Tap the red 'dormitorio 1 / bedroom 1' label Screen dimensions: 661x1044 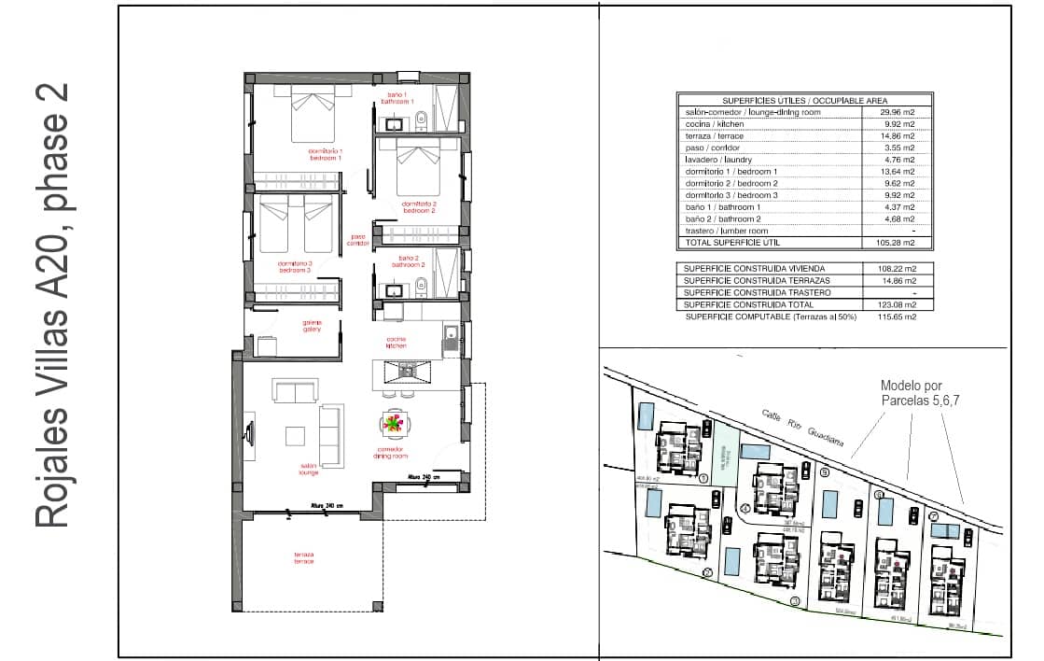(x=327, y=154)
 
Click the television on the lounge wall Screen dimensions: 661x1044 (x=249, y=432)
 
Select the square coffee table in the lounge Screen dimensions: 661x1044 (x=296, y=436)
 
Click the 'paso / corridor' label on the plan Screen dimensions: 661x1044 (x=358, y=240)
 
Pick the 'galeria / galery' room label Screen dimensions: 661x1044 (x=312, y=326)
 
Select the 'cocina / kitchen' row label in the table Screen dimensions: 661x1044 (x=715, y=124)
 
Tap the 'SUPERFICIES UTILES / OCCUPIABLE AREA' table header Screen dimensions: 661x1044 (x=804, y=100)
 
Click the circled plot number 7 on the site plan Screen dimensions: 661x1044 (x=933, y=515)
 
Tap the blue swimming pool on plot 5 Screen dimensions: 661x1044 (x=828, y=504)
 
